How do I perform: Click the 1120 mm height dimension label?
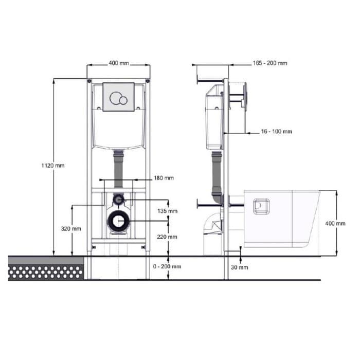click(53, 165)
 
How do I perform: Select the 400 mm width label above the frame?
click(119, 63)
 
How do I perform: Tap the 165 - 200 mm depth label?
click(270, 63)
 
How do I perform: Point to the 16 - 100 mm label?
click(277, 132)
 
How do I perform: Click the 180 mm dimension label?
click(164, 178)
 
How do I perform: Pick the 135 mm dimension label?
click(167, 211)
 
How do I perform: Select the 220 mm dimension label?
click(167, 237)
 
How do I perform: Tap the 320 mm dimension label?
click(71, 229)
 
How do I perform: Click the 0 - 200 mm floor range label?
click(167, 266)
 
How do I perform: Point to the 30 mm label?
click(240, 267)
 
